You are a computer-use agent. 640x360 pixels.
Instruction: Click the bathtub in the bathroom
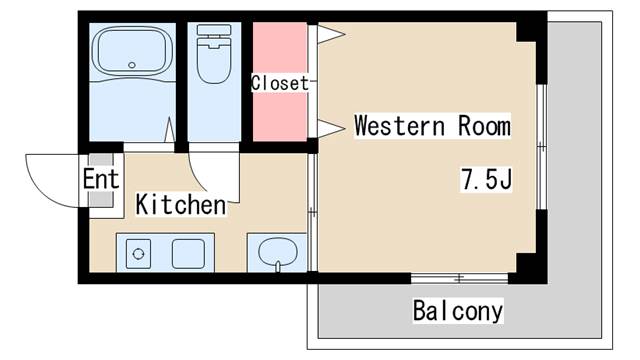coord(132,51)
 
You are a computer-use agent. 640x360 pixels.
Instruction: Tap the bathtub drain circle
coord(131,65)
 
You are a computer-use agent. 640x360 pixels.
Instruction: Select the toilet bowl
coord(213,61)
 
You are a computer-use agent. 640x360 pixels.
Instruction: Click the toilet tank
coord(214,30)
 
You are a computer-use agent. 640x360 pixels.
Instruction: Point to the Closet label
coord(280,83)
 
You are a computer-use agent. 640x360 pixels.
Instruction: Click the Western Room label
coord(432,126)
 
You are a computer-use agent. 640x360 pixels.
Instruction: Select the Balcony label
coord(458,311)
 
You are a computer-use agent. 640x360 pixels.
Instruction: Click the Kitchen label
coord(181,204)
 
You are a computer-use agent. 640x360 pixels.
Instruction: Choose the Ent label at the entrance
coord(101,179)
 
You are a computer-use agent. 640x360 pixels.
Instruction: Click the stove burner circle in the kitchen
coord(138,254)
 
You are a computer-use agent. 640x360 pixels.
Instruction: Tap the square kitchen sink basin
coord(188,253)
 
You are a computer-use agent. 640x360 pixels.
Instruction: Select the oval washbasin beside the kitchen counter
coord(278,251)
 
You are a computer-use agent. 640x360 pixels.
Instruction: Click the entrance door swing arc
coord(37,188)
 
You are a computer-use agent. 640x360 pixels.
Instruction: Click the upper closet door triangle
coord(331,34)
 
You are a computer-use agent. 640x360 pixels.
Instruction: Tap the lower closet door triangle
coord(331,129)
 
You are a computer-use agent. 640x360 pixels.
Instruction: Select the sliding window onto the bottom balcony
coord(460,278)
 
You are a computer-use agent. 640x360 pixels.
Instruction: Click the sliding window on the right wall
coord(541,147)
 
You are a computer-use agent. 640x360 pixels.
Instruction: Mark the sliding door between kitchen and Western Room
coord(312,212)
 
